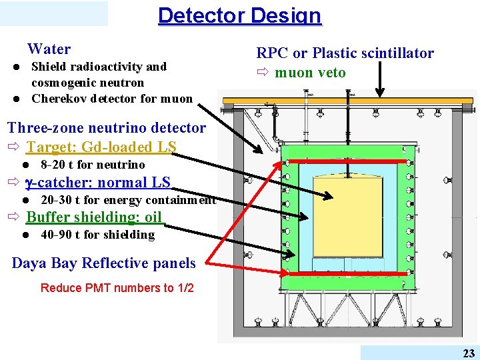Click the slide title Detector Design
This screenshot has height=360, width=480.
click(x=239, y=15)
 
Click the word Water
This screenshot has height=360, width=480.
click(x=49, y=49)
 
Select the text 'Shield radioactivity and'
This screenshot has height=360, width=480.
click(x=99, y=67)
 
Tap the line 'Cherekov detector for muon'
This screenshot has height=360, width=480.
click(x=112, y=99)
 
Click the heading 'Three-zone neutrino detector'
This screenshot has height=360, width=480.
click(x=107, y=127)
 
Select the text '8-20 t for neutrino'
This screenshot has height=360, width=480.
click(x=93, y=165)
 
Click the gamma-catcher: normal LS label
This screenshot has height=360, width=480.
click(x=98, y=183)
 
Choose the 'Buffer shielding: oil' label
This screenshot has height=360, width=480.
click(x=94, y=217)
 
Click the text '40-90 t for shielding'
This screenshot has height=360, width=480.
click(x=97, y=235)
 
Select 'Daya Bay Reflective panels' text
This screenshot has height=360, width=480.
click(x=104, y=263)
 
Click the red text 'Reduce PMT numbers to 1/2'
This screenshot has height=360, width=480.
click(x=117, y=288)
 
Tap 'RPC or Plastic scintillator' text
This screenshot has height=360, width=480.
click(x=345, y=53)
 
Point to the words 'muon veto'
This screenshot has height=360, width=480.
click(x=310, y=72)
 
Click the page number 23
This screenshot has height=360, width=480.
click(x=469, y=353)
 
